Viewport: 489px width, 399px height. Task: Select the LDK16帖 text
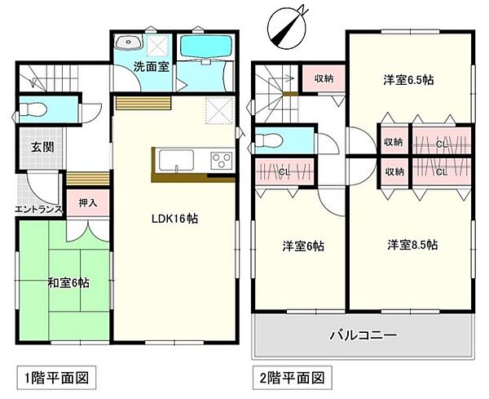(174, 219)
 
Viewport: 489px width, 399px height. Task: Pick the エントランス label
(38, 210)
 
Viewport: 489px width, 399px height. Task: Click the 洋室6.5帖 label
(408, 80)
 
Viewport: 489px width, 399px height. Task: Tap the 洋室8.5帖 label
(412, 244)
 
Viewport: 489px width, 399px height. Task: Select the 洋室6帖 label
(303, 246)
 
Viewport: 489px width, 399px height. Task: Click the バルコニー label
(363, 335)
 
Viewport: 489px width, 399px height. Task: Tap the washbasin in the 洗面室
(128, 44)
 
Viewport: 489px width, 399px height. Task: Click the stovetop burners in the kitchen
(222, 160)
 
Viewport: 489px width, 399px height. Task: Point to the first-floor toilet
(36, 109)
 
